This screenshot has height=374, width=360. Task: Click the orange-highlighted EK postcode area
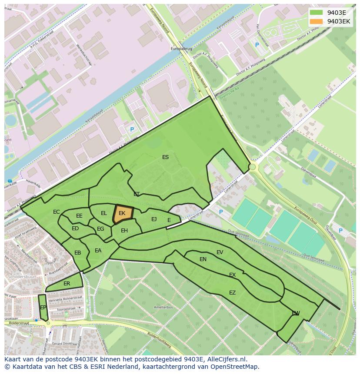click(x=122, y=213)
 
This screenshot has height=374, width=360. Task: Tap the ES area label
click(x=165, y=157)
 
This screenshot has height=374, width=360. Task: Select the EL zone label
click(x=104, y=213)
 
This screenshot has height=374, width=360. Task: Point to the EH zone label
click(x=124, y=231)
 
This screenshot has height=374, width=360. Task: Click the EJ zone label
click(x=154, y=219)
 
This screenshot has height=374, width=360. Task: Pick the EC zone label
click(x=57, y=212)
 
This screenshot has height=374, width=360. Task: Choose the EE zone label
click(x=79, y=216)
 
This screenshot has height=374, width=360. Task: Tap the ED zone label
click(x=75, y=228)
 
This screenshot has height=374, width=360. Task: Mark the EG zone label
click(x=100, y=229)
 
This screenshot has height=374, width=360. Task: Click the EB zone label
click(x=78, y=253)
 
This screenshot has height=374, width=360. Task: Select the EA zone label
click(x=98, y=251)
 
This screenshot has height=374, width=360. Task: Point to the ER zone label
click(x=67, y=284)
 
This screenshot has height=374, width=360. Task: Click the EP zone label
click(x=43, y=308)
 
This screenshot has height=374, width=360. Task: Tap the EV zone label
click(x=220, y=252)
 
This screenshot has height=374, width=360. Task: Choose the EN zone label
click(x=203, y=259)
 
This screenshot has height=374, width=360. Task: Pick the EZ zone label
click(x=232, y=293)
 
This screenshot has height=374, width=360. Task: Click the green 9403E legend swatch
click(x=317, y=13)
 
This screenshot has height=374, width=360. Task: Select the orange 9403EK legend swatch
click(x=317, y=21)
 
